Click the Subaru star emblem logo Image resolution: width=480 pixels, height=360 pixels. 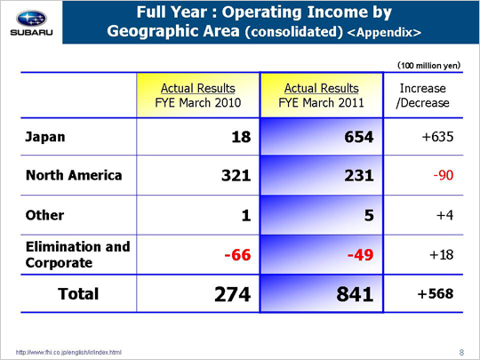tap(31, 19)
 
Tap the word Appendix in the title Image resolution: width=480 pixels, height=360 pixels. tap(384, 32)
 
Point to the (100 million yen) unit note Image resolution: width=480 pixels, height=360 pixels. tap(428, 66)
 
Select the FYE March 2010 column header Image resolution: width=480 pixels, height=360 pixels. tap(198, 95)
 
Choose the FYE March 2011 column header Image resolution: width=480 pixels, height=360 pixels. tap(322, 95)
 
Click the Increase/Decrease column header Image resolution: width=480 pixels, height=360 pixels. tap(423, 95)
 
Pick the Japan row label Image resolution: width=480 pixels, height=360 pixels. tap(45, 137)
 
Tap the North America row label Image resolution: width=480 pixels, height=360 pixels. tap(74, 175)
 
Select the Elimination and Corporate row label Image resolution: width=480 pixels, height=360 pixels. tap(77, 255)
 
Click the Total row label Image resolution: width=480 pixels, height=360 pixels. tap(78, 294)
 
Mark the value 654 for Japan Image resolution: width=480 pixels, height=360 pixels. tap(359, 137)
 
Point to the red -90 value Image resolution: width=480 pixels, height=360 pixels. tap(444, 175)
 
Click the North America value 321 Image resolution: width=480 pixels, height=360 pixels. tap(236, 175)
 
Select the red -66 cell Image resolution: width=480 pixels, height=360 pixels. tap(237, 255)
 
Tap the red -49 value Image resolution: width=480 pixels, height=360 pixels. tap(360, 255)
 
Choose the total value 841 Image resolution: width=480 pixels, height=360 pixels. tap(355, 294)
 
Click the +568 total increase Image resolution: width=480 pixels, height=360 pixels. tap(436, 294)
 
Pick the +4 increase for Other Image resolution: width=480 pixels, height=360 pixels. tap(444, 215)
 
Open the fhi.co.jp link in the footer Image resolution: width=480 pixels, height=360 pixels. tap(68, 352)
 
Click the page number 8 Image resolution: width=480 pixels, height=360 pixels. tap(461, 353)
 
